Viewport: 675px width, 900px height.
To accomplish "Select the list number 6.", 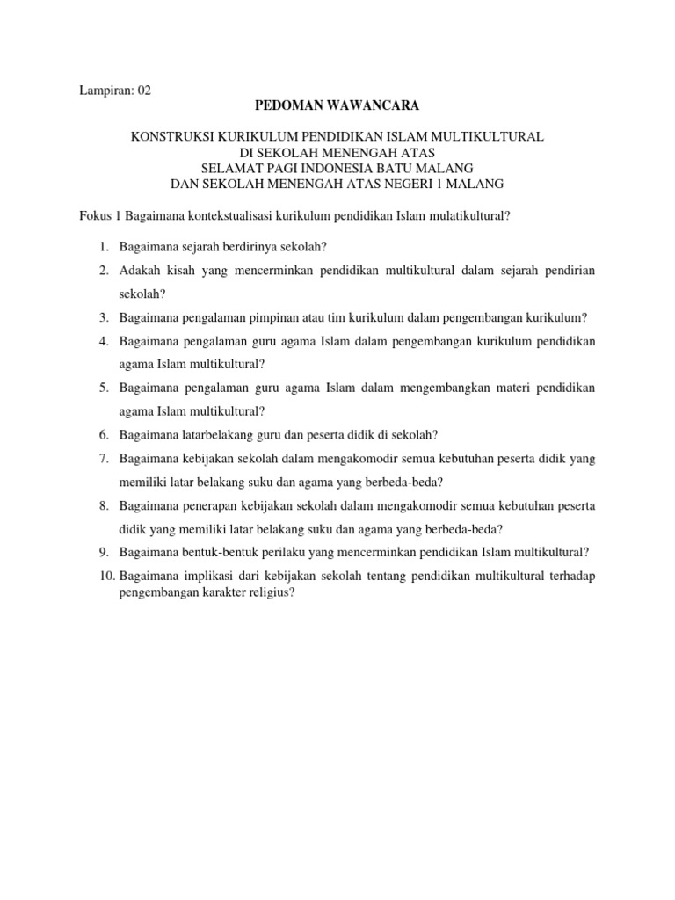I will tap(103, 433).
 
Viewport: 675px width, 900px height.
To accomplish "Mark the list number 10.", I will tap(105, 576).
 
